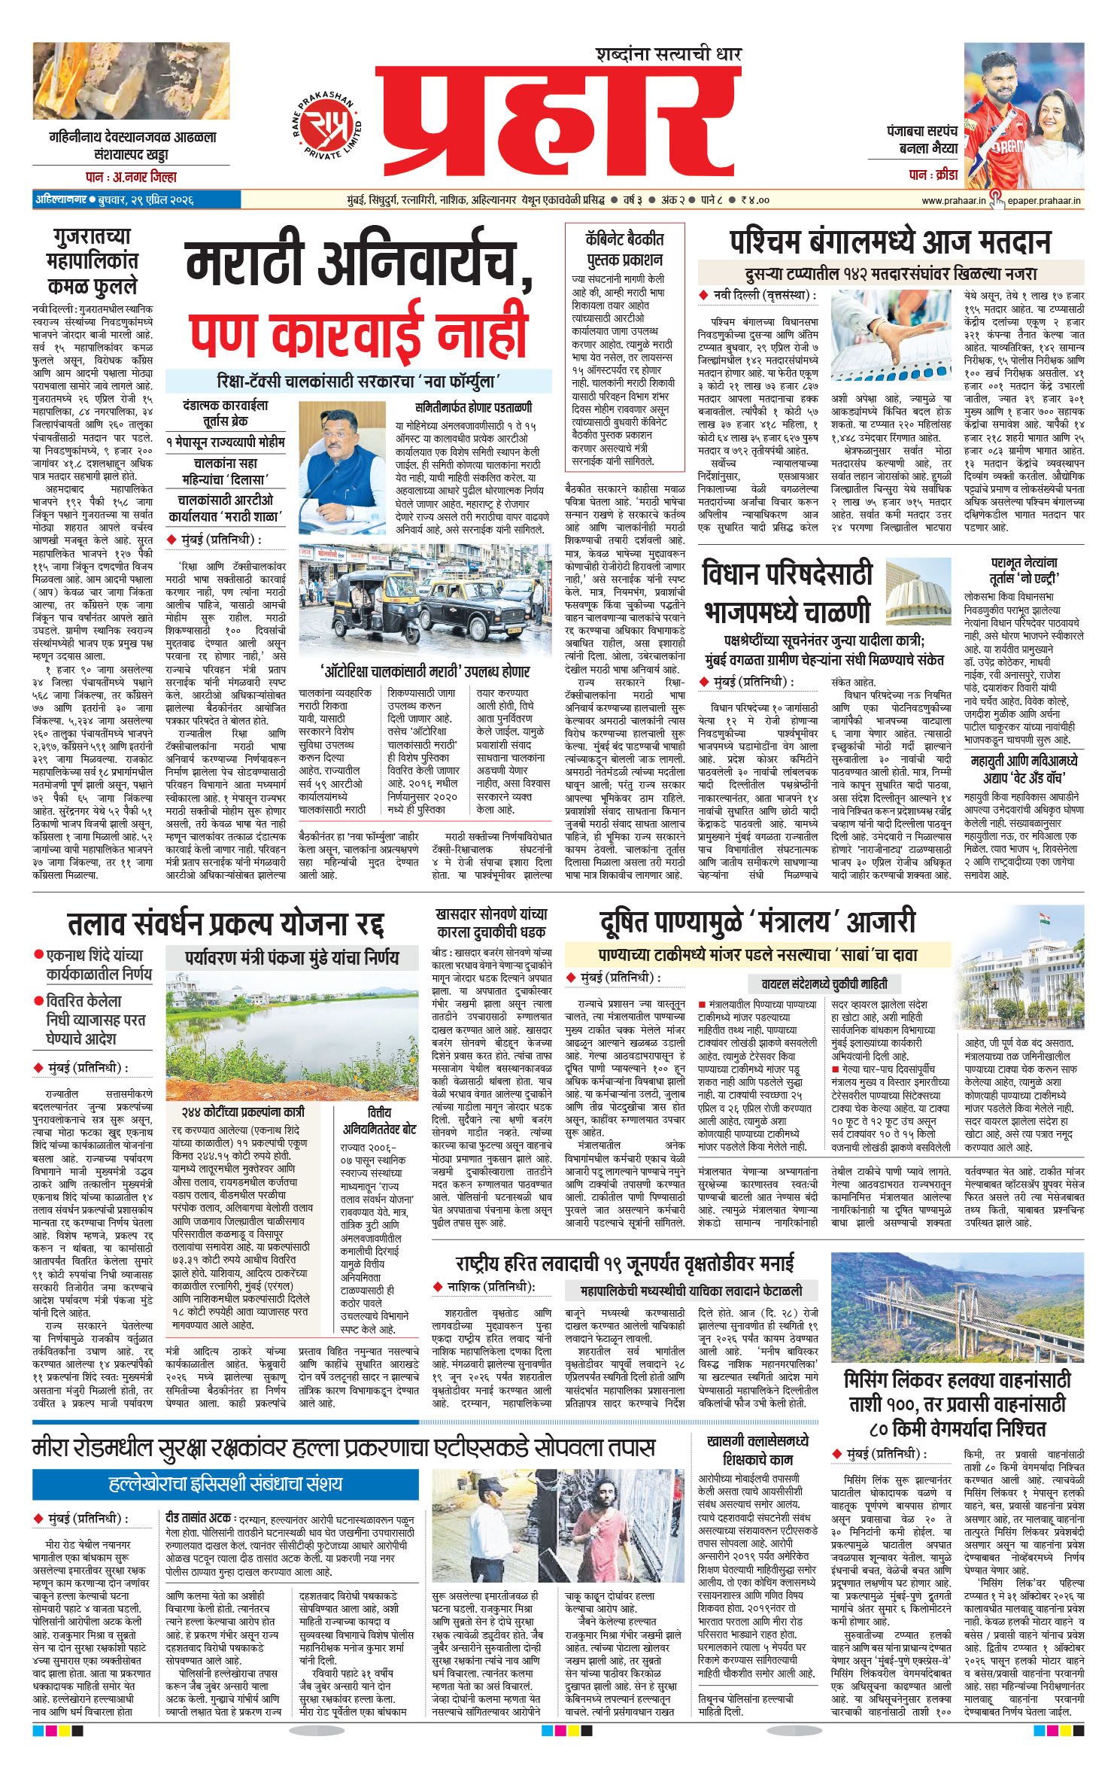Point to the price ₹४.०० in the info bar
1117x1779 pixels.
pos(754,200)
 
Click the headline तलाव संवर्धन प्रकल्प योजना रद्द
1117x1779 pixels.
pos(226,923)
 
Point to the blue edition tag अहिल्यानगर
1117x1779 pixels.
pos(59,200)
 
